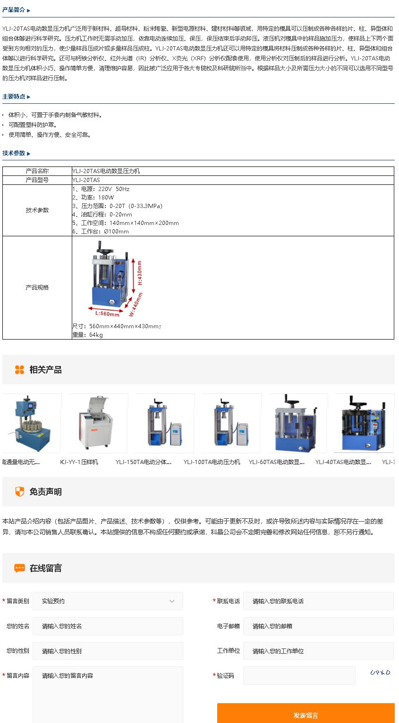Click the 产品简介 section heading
click(x=14, y=10)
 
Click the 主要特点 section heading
click(x=14, y=97)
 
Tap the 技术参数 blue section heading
click(x=14, y=153)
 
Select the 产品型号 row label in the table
click(x=37, y=180)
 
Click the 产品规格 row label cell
click(x=37, y=288)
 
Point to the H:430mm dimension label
click(x=140, y=273)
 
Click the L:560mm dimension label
click(x=107, y=314)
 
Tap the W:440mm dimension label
click(x=136, y=304)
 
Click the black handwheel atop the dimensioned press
click(x=104, y=250)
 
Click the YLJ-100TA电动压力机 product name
click(x=212, y=462)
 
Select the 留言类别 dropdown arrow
click(x=172, y=601)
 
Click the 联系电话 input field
click(x=318, y=601)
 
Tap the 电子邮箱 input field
click(x=318, y=626)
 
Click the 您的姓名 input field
click(x=108, y=626)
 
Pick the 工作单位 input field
click(x=318, y=651)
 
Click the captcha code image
click(x=380, y=673)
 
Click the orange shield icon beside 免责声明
click(x=20, y=491)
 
